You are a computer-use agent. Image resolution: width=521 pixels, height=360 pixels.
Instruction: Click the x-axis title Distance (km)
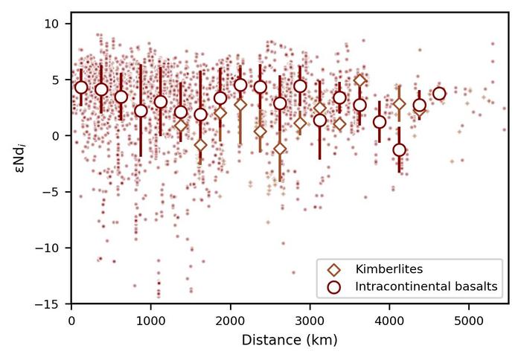(290, 340)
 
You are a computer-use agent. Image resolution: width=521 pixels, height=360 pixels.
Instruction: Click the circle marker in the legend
(334, 285)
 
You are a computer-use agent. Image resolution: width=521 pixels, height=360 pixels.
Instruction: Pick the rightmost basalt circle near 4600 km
(439, 93)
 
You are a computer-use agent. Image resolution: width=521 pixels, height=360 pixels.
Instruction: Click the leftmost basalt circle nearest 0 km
(81, 87)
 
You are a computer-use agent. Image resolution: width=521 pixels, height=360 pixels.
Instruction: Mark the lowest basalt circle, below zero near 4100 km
(399, 150)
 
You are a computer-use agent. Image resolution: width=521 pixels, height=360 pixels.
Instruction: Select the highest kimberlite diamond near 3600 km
(359, 81)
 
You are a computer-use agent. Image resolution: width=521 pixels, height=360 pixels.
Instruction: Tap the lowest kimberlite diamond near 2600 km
(280, 149)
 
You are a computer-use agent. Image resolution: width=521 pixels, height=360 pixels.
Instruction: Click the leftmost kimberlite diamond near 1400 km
(181, 126)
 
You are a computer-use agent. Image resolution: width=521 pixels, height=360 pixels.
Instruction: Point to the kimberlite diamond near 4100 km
(399, 104)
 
